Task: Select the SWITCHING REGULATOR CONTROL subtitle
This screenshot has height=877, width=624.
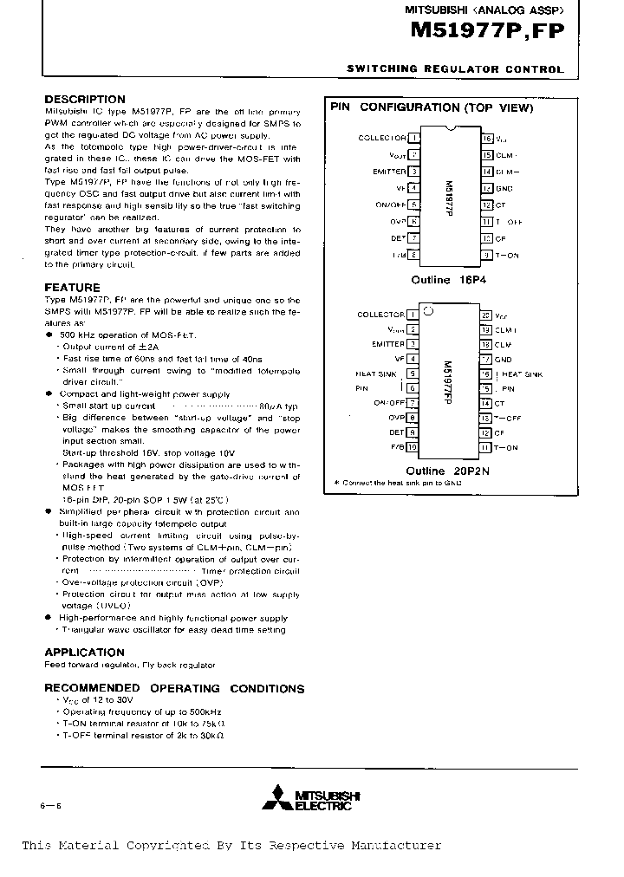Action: [455, 68]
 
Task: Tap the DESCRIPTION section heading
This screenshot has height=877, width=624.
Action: [85, 100]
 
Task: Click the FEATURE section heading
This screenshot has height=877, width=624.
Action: [72, 287]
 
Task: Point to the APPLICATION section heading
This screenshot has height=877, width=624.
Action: [84, 652]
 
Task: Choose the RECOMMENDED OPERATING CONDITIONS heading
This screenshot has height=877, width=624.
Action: [174, 688]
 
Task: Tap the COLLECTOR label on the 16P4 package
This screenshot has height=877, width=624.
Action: [381, 138]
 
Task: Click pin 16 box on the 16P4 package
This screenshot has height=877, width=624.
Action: [487, 138]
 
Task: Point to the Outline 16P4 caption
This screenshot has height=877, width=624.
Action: [445, 280]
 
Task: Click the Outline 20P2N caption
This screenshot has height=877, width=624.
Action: [447, 471]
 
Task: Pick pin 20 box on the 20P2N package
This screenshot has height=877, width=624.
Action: [486, 315]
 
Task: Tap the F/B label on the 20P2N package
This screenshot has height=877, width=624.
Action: [398, 447]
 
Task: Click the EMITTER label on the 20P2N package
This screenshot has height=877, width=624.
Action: [388, 344]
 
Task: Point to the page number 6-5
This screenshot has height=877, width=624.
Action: [52, 806]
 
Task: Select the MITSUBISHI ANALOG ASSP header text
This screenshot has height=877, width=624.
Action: [484, 10]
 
